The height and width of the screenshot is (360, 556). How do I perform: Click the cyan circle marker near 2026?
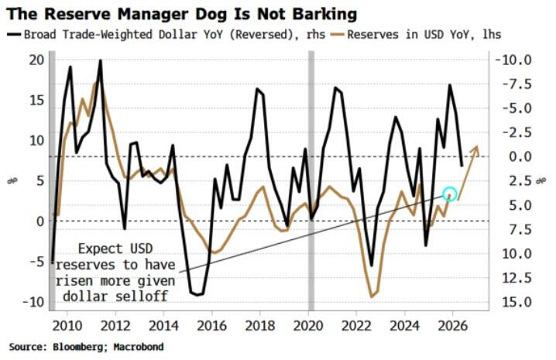(x=450, y=194)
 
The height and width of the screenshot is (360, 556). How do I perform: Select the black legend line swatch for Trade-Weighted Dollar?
(x=15, y=35)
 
